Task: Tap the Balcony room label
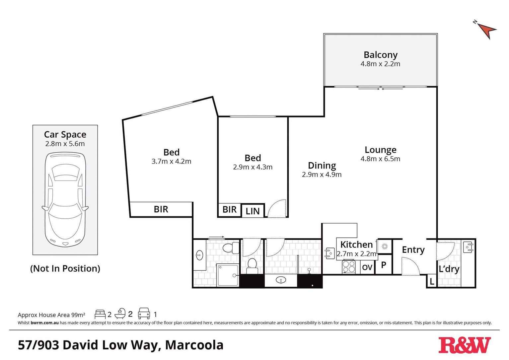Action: (x=380, y=55)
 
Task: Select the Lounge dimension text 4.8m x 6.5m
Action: (x=380, y=159)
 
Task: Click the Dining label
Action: (x=322, y=165)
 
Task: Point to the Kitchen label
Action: (x=356, y=245)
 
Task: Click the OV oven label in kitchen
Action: (x=367, y=267)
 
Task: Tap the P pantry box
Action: (x=384, y=265)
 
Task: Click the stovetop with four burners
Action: (x=349, y=267)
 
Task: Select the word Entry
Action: (x=413, y=250)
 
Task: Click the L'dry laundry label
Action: (x=449, y=269)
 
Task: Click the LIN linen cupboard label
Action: (x=253, y=211)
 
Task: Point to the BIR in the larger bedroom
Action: (x=161, y=209)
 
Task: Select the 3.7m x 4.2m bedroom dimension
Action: (x=171, y=162)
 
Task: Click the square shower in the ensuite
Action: (x=228, y=275)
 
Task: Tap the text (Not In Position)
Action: (x=65, y=268)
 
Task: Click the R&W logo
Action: (x=464, y=345)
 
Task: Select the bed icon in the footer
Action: (x=100, y=314)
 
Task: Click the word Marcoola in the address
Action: (x=194, y=345)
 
